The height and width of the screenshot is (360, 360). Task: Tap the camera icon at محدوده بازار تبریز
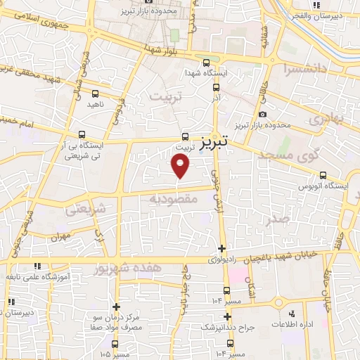262,114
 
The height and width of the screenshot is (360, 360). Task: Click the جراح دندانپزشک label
226,328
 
